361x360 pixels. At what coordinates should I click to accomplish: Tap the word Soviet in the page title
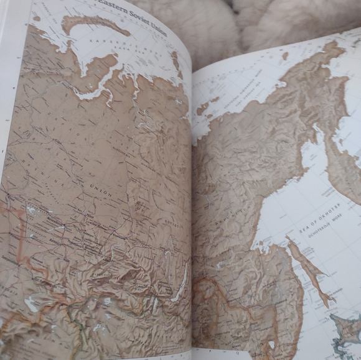coord(146,7)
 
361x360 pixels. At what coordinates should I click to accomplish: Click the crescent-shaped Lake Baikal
coord(180,280)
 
